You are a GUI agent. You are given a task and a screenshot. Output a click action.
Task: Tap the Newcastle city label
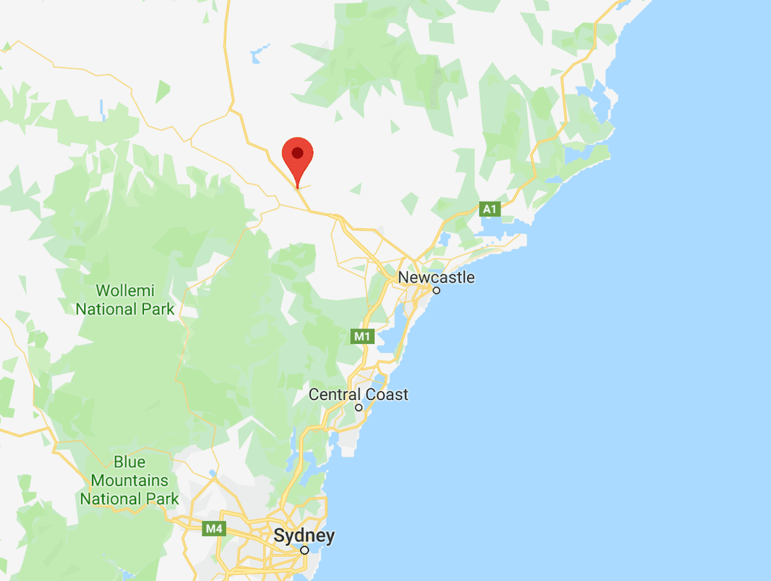click(x=436, y=277)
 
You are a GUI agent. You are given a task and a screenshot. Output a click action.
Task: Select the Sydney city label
click(x=304, y=536)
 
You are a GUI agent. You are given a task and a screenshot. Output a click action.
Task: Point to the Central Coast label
click(x=359, y=394)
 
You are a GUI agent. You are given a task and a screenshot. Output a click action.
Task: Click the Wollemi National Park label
click(x=125, y=299)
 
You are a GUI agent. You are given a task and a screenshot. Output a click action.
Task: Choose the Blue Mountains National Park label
click(x=129, y=480)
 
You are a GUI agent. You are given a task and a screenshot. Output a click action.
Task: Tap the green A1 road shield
click(x=490, y=209)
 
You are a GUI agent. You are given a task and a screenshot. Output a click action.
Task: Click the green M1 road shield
click(x=362, y=336)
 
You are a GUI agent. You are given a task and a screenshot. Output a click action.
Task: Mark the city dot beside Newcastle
click(x=436, y=290)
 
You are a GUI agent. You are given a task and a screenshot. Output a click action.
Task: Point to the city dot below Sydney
click(x=305, y=550)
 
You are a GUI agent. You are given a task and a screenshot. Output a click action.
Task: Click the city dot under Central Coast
click(x=359, y=408)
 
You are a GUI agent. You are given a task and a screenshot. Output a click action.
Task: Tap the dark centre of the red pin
click(x=297, y=152)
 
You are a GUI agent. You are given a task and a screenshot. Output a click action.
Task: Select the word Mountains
click(x=129, y=480)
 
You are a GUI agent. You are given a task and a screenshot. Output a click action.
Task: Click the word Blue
click(x=129, y=462)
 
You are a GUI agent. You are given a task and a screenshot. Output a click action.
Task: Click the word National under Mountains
click(x=111, y=498)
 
